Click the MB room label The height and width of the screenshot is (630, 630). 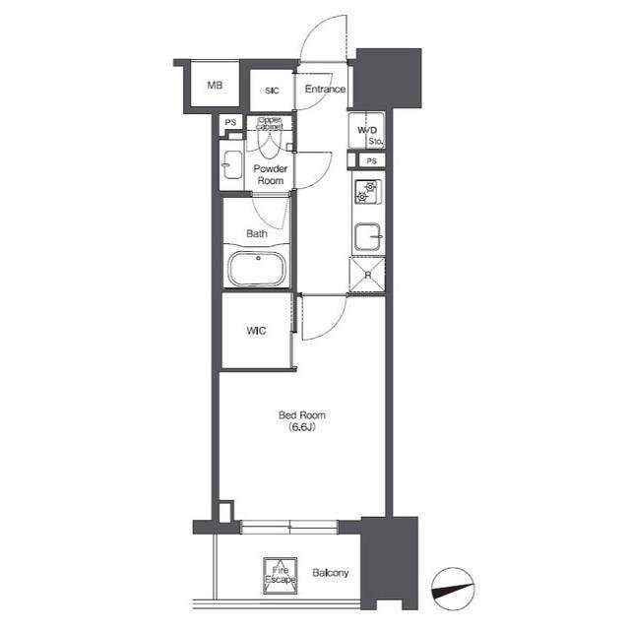point(215,86)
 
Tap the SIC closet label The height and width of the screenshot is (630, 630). point(272,91)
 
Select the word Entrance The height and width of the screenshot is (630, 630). point(325,89)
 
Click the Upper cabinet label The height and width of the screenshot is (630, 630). point(270,123)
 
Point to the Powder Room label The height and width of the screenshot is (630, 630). point(271,174)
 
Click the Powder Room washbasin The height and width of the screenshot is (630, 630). point(232,164)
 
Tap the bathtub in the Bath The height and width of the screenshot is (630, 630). point(257,269)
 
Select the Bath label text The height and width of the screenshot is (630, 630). point(257,233)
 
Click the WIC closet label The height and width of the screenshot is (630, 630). point(256,331)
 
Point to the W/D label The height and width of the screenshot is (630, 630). point(367,130)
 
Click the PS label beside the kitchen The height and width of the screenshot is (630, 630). point(372,161)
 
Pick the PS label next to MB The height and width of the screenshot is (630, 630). point(230,122)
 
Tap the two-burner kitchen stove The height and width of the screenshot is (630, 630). point(367,192)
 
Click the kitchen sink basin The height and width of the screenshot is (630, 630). point(367,236)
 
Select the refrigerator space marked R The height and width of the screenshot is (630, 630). point(367,275)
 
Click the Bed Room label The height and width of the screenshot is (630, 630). point(302,414)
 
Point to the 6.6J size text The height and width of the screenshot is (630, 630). point(302,427)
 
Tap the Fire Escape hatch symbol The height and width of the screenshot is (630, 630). point(281,576)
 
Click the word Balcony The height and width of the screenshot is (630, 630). point(331,573)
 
